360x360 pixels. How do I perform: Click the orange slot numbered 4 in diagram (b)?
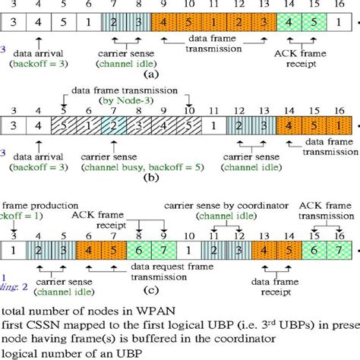[289, 125]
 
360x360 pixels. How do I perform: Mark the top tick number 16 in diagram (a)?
[336, 5]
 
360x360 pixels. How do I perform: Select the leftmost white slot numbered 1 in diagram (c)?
[13, 248]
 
